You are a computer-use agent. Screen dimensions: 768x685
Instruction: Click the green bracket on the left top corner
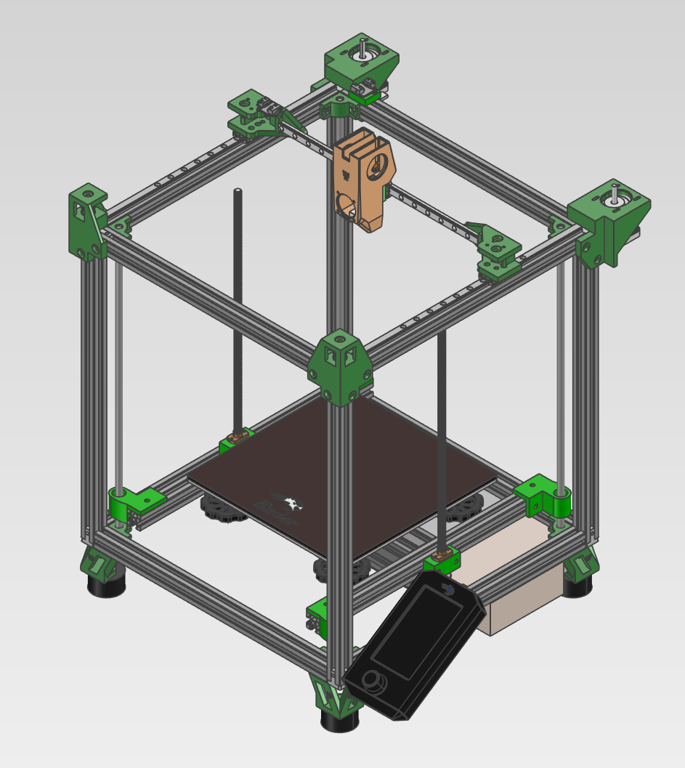88,221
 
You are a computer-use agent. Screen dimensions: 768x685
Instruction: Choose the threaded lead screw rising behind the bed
238,305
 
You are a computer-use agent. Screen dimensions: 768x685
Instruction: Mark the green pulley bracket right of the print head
498,251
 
